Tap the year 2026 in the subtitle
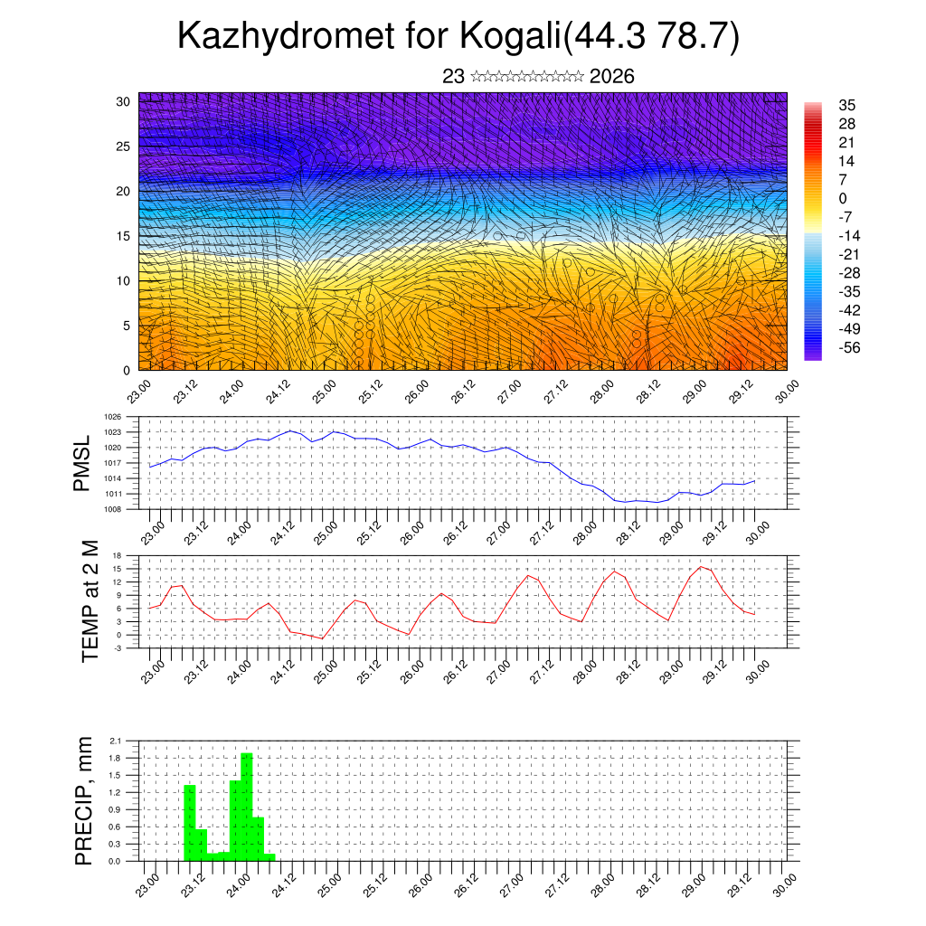[611, 77]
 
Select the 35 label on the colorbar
[847, 105]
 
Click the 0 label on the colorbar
[844, 198]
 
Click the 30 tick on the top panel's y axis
[124, 101]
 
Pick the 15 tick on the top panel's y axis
[124, 236]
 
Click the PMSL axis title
[82, 463]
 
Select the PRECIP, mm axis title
[84, 800]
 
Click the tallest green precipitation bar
[247, 805]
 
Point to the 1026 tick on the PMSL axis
[113, 417]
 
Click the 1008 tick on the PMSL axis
[113, 509]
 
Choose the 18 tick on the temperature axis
[117, 555]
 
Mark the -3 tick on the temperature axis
[117, 647]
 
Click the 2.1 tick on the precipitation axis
[116, 741]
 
